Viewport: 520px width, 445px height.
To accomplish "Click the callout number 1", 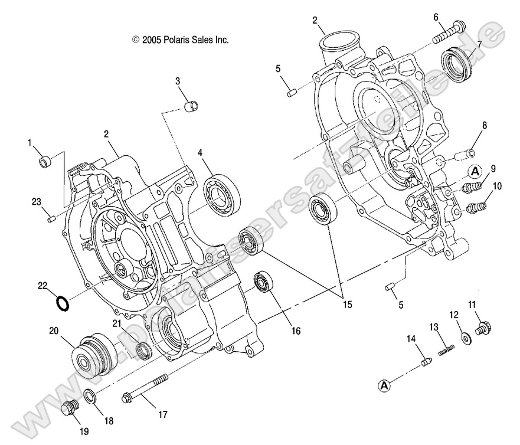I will point(28,143).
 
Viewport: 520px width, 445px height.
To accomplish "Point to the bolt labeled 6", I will point(449,32).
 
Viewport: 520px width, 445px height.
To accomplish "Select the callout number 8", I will point(484,125).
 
